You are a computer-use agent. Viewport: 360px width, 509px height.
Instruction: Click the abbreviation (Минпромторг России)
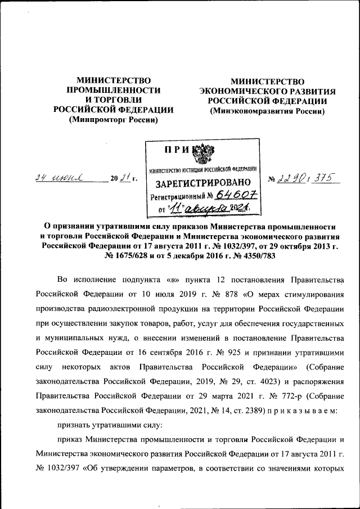(113, 120)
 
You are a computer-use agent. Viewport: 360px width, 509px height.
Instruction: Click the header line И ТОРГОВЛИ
(113, 100)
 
